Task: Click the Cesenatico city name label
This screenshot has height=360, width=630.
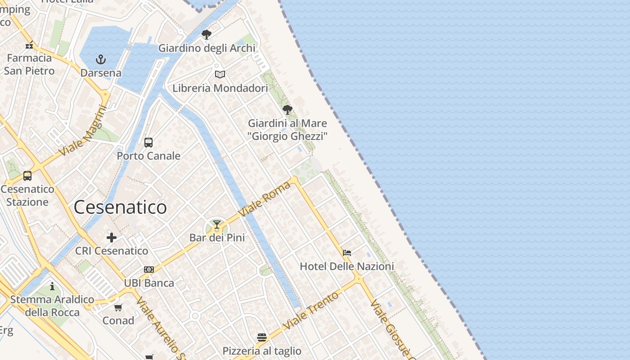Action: click(120, 207)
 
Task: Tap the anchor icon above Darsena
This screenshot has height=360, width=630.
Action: click(101, 59)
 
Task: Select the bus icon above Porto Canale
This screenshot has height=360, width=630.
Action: click(148, 143)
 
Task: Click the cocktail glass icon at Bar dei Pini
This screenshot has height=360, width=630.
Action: click(217, 224)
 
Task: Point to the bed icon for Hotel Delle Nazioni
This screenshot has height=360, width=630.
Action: click(347, 253)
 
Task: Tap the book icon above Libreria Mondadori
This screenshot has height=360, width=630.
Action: click(220, 74)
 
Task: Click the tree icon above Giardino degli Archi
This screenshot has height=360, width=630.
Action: click(207, 35)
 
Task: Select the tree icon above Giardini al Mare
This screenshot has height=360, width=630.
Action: click(288, 110)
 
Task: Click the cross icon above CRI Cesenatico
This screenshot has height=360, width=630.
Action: click(112, 238)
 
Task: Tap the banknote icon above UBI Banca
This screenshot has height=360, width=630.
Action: click(149, 270)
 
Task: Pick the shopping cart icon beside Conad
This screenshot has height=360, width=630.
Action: click(118, 308)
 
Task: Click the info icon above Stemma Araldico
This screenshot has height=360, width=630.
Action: click(52, 286)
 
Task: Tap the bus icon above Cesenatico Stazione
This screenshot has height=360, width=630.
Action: click(27, 176)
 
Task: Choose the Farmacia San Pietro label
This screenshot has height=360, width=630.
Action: click(29, 64)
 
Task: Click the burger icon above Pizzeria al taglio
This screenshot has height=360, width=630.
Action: click(262, 337)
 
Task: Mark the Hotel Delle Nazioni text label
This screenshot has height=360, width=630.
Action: click(346, 266)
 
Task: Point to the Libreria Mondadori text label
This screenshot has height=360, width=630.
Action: click(220, 88)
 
